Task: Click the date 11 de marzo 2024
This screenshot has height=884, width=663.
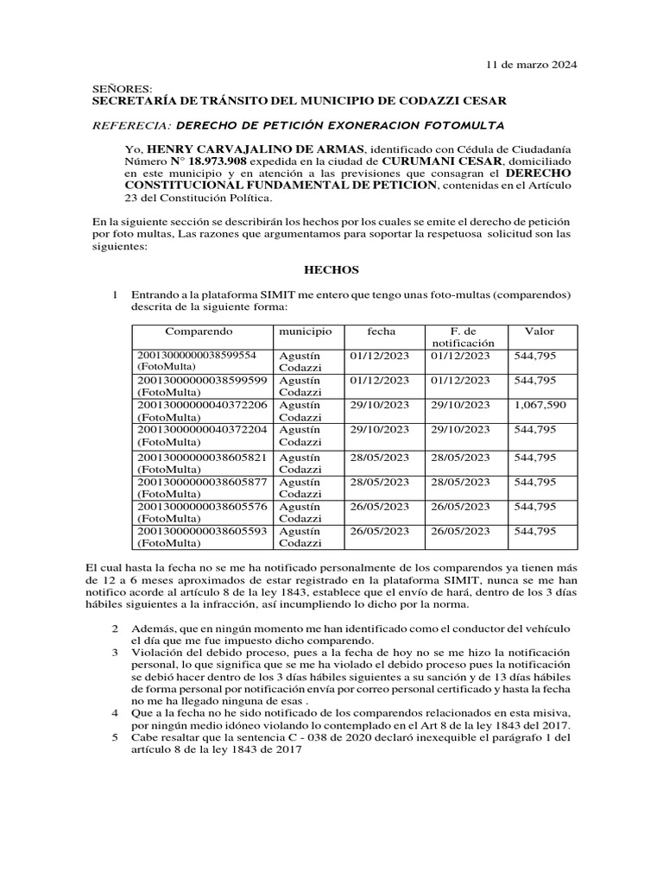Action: pyautogui.click(x=532, y=65)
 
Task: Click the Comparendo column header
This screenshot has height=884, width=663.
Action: pyautogui.click(x=199, y=331)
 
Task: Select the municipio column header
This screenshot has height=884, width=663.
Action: pyautogui.click(x=306, y=331)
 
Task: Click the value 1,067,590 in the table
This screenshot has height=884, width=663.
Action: pyautogui.click(x=540, y=405)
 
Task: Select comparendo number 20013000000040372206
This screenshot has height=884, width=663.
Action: pyautogui.click(x=203, y=405)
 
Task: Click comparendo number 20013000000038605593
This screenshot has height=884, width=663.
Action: pyautogui.click(x=203, y=531)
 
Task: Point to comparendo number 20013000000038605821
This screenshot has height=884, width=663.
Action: pyautogui.click(x=203, y=458)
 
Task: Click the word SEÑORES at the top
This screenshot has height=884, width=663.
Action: pyautogui.click(x=122, y=89)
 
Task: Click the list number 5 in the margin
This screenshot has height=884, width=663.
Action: pyautogui.click(x=115, y=739)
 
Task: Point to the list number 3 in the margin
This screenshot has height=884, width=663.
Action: pyautogui.click(x=115, y=653)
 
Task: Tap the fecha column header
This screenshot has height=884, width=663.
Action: pyautogui.click(x=381, y=331)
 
